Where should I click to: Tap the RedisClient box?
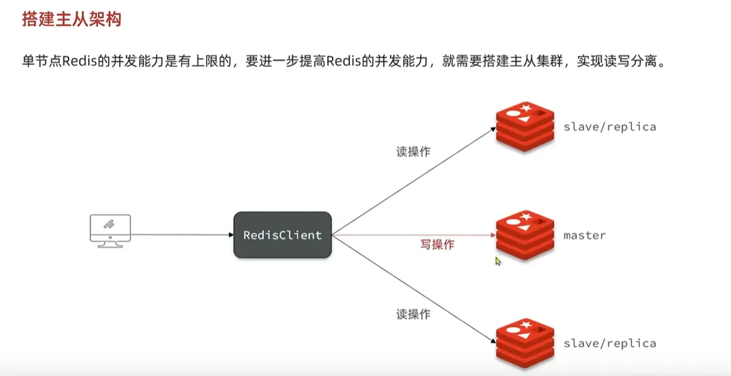tap(282, 235)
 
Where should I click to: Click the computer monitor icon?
tap(110, 231)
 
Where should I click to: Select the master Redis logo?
tap(525, 236)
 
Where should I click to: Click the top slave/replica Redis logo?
tap(525, 126)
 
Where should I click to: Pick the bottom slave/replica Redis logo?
tap(525, 343)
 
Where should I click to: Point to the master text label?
tap(584, 236)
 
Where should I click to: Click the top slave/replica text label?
tap(609, 126)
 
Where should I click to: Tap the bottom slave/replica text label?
tap(609, 343)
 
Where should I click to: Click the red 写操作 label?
tap(437, 245)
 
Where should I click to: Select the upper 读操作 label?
tap(413, 152)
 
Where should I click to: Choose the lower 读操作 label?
tap(413, 314)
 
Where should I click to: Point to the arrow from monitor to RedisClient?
tap(181, 235)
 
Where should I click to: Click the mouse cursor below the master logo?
tap(498, 262)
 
